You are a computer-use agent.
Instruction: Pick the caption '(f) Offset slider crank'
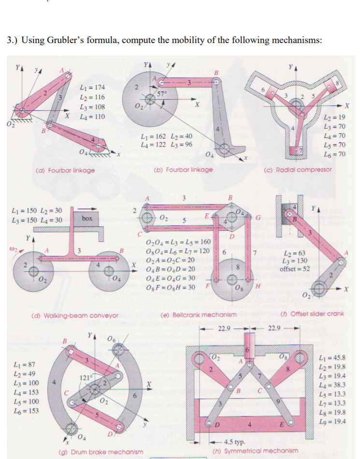pyautogui.click(x=312, y=314)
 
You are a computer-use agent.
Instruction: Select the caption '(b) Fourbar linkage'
pyautogui.click(x=183, y=170)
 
